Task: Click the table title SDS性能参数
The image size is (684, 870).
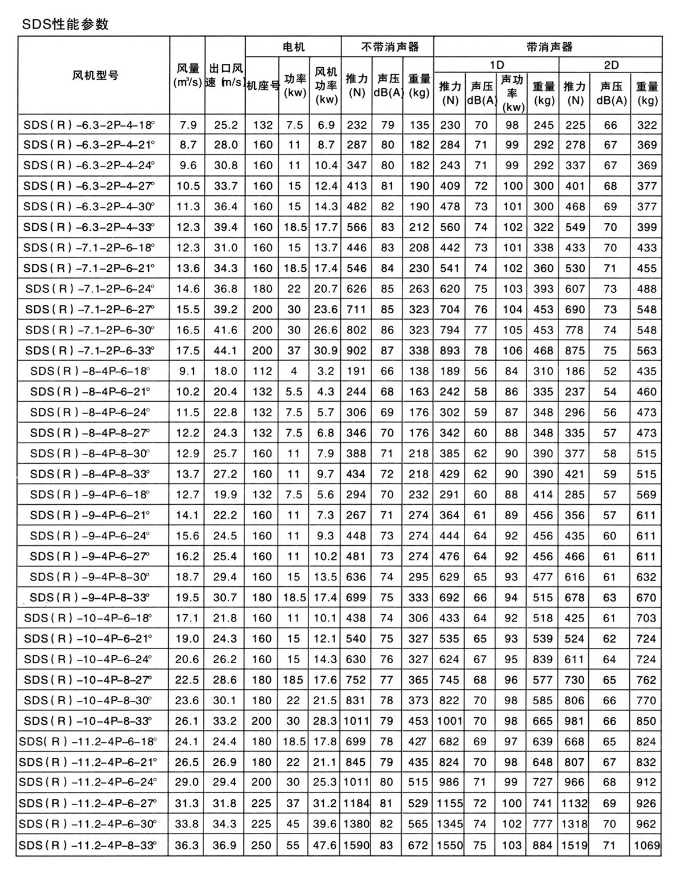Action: point(64,24)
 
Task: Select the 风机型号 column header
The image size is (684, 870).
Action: point(95,75)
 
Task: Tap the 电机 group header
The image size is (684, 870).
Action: point(294,47)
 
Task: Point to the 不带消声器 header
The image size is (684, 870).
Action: point(388,47)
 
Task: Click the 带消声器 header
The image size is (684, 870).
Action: point(548,47)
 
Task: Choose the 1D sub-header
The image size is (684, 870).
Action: point(496,65)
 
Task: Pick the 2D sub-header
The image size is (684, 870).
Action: point(610,65)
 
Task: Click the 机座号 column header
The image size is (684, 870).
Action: point(262,85)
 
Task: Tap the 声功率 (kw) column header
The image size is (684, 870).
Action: point(512,93)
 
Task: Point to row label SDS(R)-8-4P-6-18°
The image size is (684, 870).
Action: point(90,371)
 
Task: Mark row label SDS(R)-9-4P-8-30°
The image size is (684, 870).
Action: point(89,577)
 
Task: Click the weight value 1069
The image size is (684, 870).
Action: point(646,845)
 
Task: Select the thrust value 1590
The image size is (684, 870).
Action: point(357,845)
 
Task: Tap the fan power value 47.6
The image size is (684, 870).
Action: point(325,845)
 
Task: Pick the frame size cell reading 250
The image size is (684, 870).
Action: point(262,845)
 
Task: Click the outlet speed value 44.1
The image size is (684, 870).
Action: point(225,351)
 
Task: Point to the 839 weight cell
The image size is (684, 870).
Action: point(543,659)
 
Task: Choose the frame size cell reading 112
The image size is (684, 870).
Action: point(262,371)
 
